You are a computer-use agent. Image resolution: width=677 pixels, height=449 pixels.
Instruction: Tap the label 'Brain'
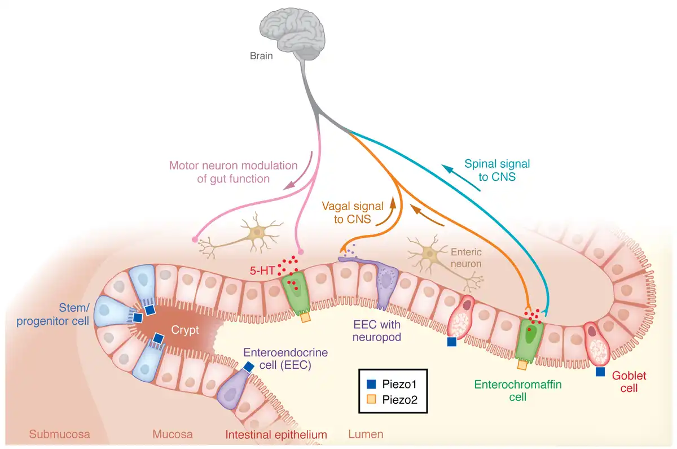[261, 56]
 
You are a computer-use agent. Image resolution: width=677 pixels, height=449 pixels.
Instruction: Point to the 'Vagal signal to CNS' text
[352, 212]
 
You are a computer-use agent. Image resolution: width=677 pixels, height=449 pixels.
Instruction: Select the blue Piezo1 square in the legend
[371, 384]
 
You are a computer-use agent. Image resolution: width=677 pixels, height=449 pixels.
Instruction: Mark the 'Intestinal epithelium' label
[276, 434]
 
